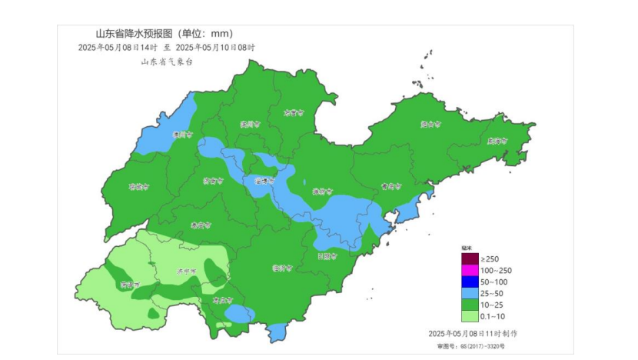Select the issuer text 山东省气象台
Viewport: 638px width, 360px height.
[x=167, y=62]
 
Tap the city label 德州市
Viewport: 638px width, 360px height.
[x=183, y=135]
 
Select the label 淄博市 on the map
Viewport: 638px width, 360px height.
[x=264, y=182]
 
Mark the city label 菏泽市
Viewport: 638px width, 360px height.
[x=128, y=285]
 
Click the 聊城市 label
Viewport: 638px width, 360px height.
[x=138, y=186]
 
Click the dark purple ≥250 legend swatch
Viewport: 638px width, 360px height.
[x=470, y=259]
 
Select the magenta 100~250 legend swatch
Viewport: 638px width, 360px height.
[x=470, y=271]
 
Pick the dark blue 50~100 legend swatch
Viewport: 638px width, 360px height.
[x=470, y=282]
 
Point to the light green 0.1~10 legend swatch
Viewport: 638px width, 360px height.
[x=470, y=316]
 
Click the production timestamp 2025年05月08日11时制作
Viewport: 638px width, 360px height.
[x=473, y=334]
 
